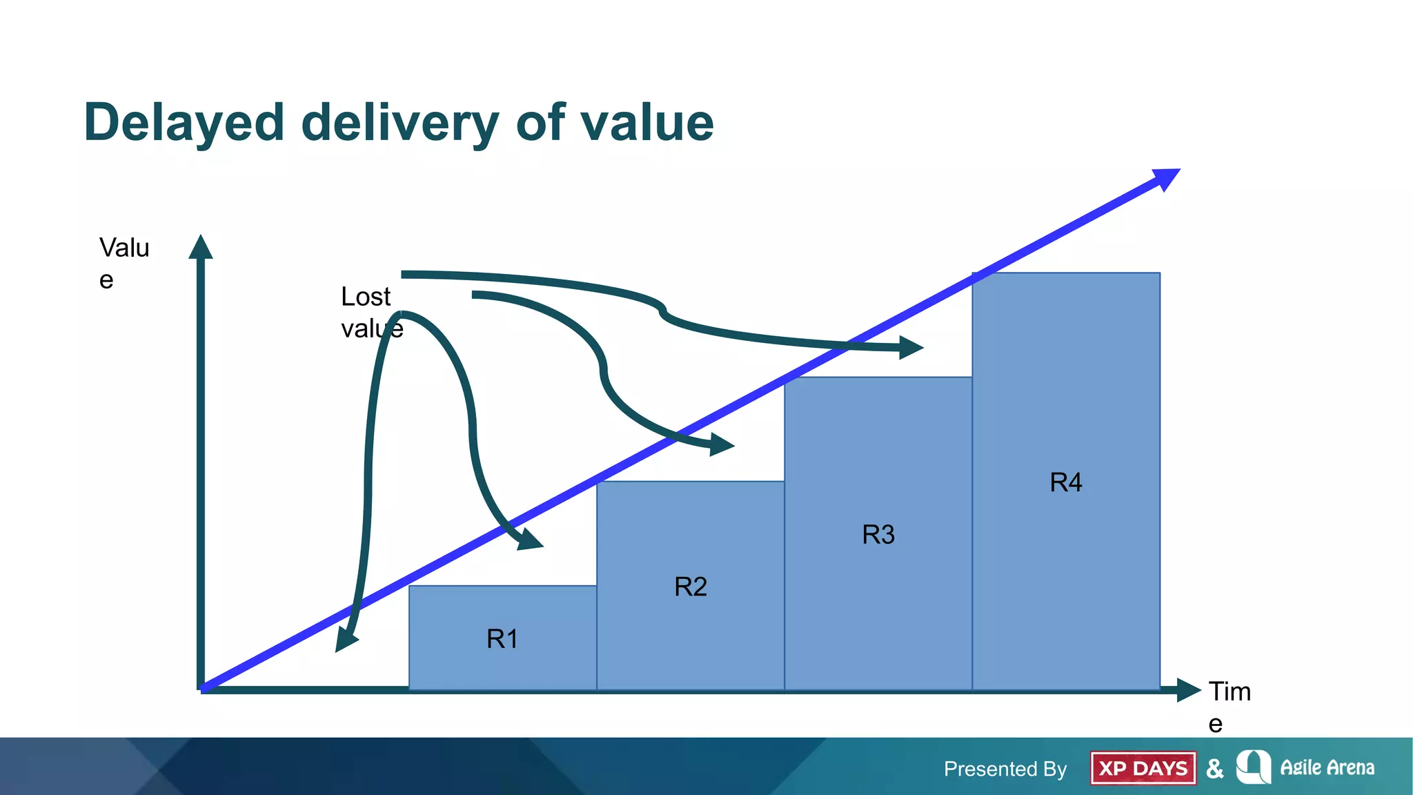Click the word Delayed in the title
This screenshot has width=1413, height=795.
(184, 123)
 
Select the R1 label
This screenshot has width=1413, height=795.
(502, 639)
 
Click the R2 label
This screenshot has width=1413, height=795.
(690, 587)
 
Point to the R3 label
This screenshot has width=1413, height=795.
(878, 534)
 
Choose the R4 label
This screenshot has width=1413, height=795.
(1065, 482)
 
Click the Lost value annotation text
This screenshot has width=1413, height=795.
(370, 312)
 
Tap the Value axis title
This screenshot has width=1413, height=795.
(123, 263)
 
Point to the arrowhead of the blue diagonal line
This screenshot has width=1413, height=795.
(1165, 178)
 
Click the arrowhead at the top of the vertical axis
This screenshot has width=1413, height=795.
(201, 248)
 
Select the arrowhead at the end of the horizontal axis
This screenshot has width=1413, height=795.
(1187, 689)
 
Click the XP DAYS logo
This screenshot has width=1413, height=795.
(1143, 768)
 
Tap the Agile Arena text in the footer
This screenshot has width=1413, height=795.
(1327, 767)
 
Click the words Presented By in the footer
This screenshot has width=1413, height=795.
(1005, 769)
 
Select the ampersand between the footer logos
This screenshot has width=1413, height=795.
(1215, 768)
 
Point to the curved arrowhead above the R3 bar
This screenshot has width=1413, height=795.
(910, 347)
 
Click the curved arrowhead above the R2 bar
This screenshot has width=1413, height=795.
(721, 444)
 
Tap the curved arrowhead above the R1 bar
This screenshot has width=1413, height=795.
(529, 540)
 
